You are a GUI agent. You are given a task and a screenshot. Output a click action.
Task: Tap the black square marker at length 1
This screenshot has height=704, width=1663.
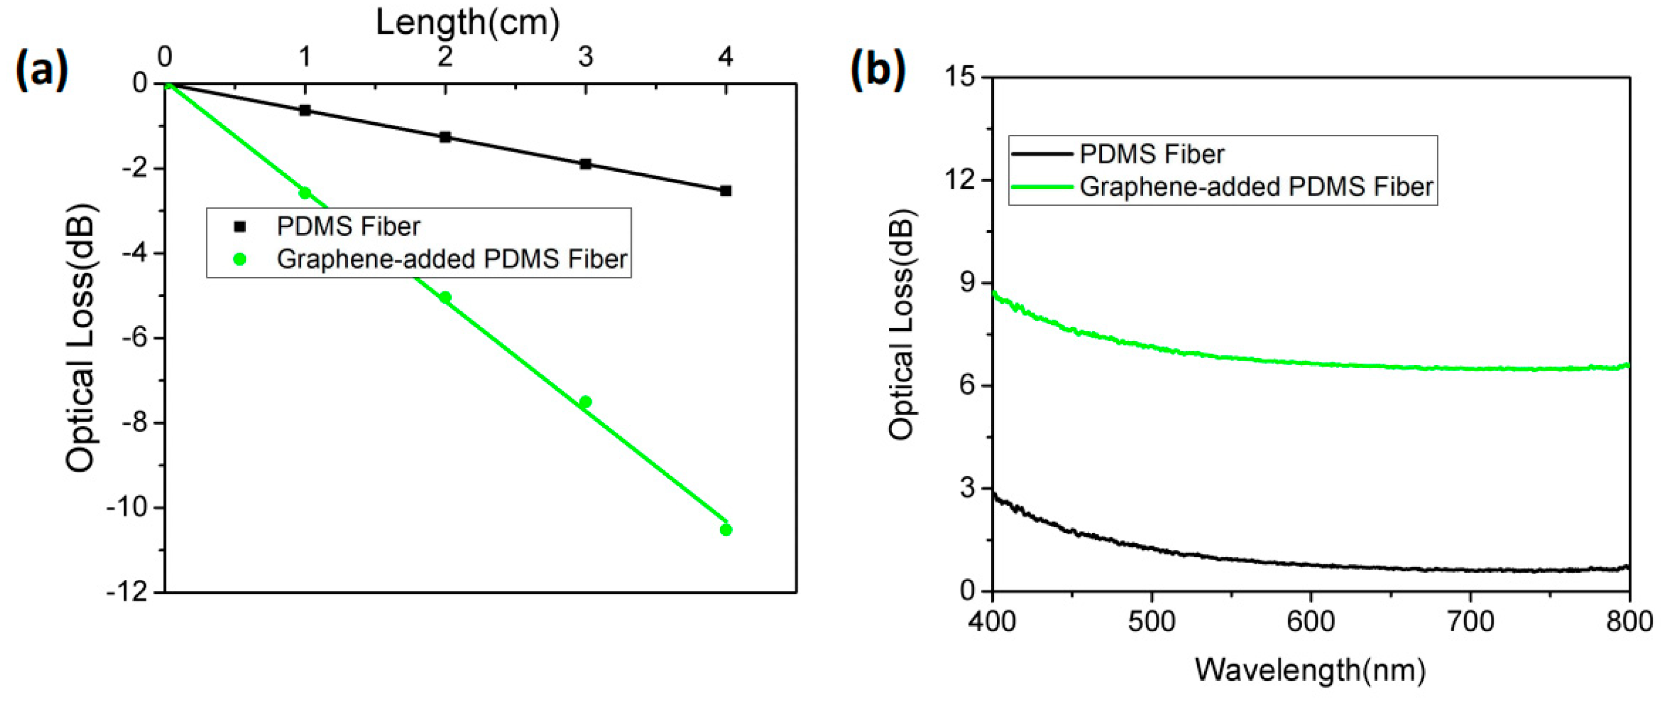tap(305, 111)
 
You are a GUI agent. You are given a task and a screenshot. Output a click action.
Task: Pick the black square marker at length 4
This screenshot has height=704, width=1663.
tap(726, 190)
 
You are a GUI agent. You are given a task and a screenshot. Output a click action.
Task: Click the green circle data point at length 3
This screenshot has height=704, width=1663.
tap(585, 401)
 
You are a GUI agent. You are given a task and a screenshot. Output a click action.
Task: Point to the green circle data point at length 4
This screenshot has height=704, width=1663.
tap(726, 530)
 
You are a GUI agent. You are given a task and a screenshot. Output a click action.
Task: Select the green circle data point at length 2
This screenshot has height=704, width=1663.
tap(445, 297)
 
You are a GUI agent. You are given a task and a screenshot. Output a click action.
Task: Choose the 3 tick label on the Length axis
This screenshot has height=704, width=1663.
tap(585, 57)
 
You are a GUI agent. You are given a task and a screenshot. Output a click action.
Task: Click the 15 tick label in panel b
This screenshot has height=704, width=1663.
tap(959, 77)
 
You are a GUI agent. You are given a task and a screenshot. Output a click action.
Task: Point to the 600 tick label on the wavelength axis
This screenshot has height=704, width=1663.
tap(1311, 621)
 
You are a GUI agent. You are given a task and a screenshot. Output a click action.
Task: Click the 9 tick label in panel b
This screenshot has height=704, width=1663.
tap(967, 283)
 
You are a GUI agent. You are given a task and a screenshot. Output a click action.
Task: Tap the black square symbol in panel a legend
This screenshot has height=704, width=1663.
tap(240, 227)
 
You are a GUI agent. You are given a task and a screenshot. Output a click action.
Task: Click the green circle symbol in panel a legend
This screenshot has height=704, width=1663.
tap(240, 259)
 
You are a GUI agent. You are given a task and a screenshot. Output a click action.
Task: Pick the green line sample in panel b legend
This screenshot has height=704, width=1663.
tap(1041, 187)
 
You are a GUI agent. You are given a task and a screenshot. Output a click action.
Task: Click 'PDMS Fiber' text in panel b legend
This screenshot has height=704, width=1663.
tap(1152, 155)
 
